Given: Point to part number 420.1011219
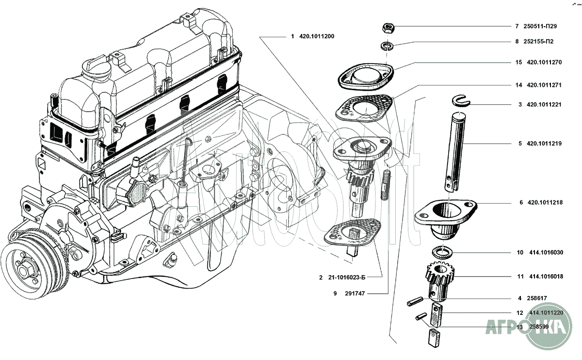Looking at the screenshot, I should click(544, 144).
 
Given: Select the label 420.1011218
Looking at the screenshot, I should click(544, 203).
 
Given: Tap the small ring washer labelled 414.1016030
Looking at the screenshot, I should click(442, 252).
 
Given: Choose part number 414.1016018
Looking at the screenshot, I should click(546, 277).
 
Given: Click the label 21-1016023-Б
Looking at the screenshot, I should click(346, 278).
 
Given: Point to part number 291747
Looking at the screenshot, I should click(355, 294).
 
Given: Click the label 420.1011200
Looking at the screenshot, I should click(316, 36).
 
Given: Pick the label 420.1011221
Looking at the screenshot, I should click(544, 104).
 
